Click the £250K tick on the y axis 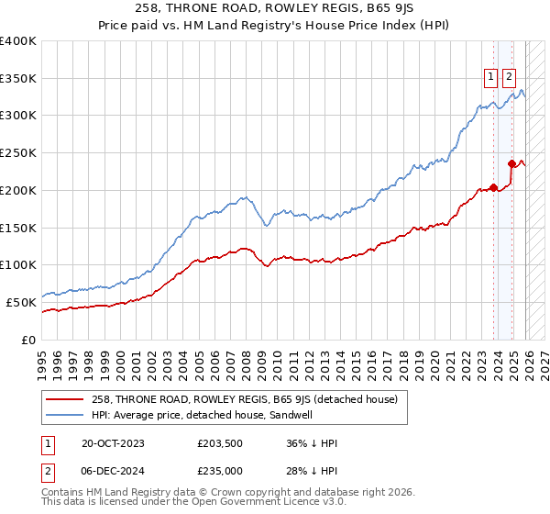coord(18,153)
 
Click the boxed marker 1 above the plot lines coord(491,77)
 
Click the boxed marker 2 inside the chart coord(509,77)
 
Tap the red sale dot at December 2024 coord(511,164)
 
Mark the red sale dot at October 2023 coord(493,187)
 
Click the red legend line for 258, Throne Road coord(66,399)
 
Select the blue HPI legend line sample coord(66,415)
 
